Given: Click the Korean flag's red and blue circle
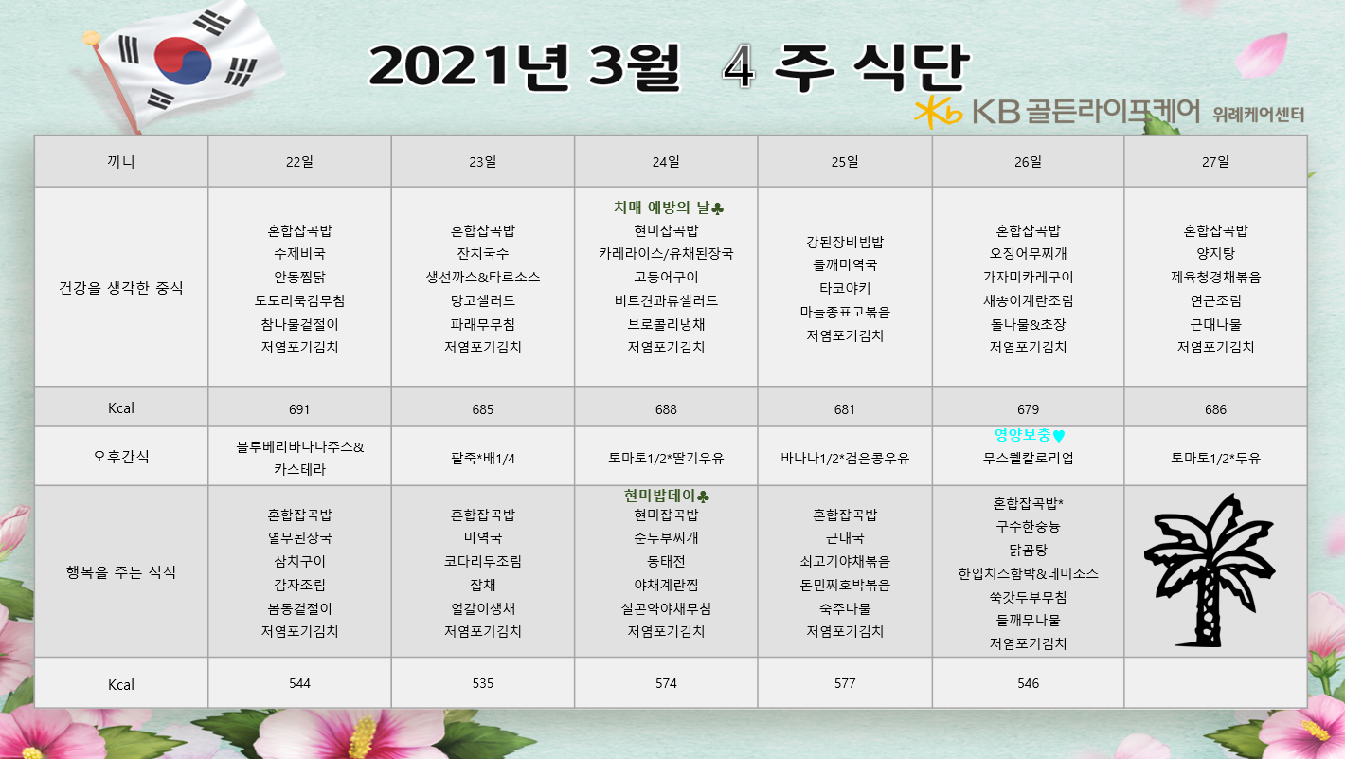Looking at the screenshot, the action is click(183, 60).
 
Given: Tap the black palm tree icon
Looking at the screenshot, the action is click(1209, 570).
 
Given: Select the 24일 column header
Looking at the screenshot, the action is click(666, 161).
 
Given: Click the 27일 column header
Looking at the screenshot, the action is click(1215, 161).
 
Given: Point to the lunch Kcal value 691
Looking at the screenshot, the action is click(299, 409).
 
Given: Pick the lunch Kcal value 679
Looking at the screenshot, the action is click(1028, 409).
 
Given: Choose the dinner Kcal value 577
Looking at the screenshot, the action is click(845, 683).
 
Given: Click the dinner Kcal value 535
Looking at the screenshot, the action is click(483, 683).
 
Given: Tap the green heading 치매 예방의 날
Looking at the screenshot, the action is click(661, 208).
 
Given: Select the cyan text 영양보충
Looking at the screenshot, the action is click(1023, 435).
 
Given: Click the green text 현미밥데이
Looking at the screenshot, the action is click(659, 496).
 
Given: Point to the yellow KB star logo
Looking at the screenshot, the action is click(938, 113).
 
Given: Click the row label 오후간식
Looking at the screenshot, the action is click(120, 457).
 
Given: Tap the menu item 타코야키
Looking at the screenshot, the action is click(845, 288).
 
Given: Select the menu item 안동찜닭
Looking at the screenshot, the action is click(299, 277).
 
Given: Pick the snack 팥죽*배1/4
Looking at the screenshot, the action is click(483, 459).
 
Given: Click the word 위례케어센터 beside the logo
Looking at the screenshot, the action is click(1259, 114).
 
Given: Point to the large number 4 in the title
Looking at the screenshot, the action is click(738, 68).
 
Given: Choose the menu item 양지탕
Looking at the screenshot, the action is click(1215, 253).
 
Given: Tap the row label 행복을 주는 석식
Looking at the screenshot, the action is click(120, 572).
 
